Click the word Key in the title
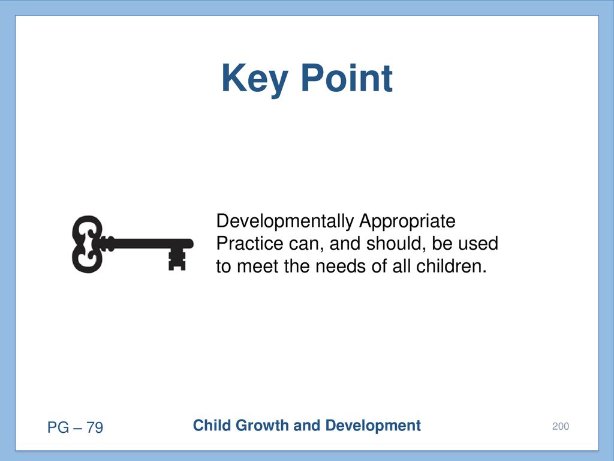click(254, 80)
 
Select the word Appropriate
click(407, 222)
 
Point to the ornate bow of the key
click(88, 244)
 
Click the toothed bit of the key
click(177, 259)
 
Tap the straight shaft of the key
click(149, 244)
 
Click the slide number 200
click(561, 426)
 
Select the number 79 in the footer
click(95, 427)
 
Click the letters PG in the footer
click(58, 427)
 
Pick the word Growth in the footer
click(262, 426)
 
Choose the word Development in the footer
click(373, 426)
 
